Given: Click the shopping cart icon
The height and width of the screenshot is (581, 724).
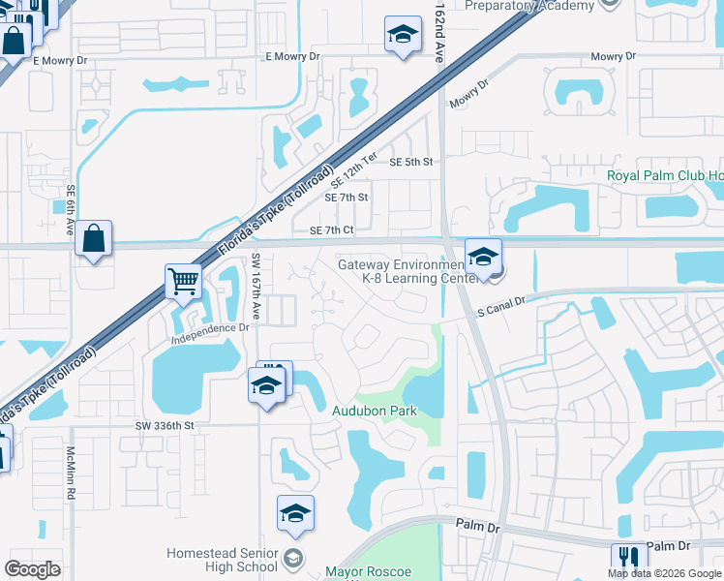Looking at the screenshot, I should [182, 282].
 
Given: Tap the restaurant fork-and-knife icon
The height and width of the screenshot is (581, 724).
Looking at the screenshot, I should [628, 559].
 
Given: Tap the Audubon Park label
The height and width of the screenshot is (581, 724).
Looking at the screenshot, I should [376, 411].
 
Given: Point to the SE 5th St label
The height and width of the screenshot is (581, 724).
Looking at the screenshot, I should [410, 162].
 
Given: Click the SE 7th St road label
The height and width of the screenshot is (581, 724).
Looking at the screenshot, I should [347, 198].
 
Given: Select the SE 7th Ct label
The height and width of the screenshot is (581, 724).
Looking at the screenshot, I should [332, 230].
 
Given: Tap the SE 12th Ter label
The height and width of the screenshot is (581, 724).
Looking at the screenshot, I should [353, 168].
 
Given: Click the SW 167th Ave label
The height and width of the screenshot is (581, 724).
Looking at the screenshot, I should [256, 287].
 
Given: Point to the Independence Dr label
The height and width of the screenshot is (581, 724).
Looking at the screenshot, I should [210, 328].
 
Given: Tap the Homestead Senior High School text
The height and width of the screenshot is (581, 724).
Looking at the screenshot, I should [222, 560].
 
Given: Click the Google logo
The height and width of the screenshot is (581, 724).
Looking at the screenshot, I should [33, 568].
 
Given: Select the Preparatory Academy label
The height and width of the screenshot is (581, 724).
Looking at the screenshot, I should [529, 6].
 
